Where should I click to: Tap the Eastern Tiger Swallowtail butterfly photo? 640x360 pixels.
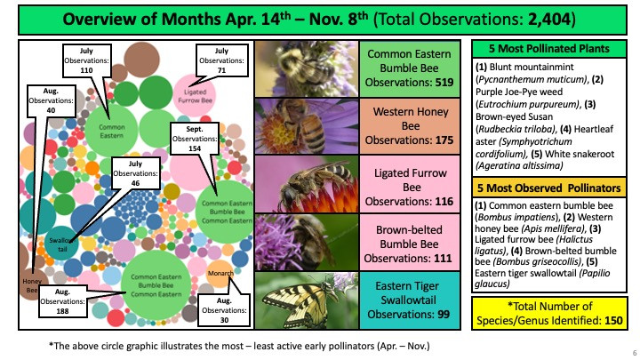coord(307,300)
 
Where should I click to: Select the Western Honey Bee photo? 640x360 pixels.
coord(307,126)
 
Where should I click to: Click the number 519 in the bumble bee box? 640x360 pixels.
coord(444,83)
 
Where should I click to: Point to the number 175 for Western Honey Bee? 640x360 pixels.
coord(444,140)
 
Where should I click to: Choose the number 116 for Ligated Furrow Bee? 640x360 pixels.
coord(444,202)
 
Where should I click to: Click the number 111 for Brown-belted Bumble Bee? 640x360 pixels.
coord(443,259)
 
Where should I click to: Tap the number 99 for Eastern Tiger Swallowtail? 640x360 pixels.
coord(444,315)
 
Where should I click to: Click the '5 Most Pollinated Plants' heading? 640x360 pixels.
coord(549,49)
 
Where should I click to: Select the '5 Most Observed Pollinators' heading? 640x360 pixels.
coord(549,188)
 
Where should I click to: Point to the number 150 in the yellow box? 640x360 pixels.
coord(613,321)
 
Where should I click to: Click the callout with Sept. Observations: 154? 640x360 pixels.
coord(195,139)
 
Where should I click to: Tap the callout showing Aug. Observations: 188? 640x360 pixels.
coord(62,301)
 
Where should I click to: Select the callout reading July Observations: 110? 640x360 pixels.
coord(86,60)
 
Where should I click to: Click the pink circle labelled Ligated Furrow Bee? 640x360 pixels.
coord(195,95)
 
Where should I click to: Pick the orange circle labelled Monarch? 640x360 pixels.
coord(220,274)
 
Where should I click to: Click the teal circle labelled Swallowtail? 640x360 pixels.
coord(61,244)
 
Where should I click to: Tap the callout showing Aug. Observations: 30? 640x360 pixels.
coord(224,310)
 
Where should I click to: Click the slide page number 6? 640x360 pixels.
coord(635,353)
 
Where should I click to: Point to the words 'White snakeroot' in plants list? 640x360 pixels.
coord(580,155)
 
